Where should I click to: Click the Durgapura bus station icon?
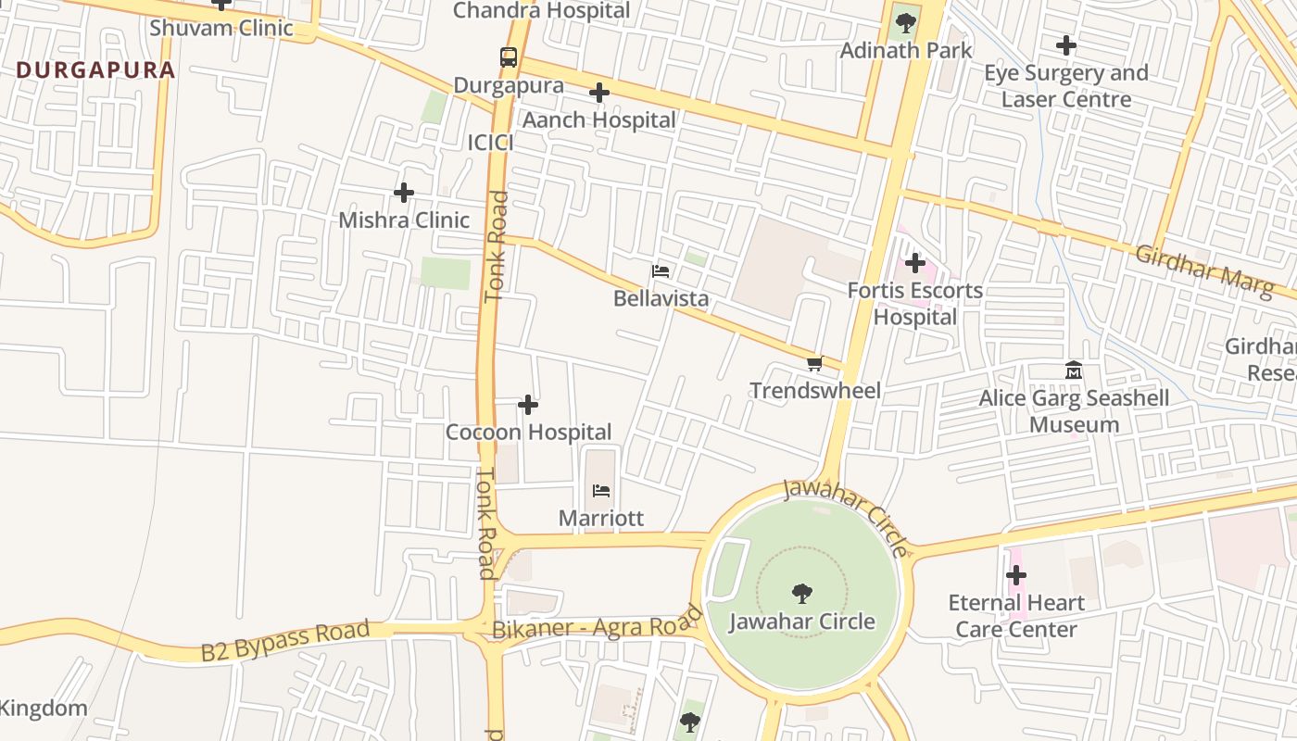click(508, 57)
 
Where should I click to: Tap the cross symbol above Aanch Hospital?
click(599, 93)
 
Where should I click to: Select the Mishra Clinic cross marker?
click(404, 193)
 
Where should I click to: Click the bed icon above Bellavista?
click(661, 271)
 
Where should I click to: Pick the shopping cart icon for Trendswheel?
click(814, 363)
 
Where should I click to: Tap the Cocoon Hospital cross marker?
click(528, 405)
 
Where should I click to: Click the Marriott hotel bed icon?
click(600, 491)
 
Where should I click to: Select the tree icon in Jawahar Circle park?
click(802, 594)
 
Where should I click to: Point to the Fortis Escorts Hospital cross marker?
click(915, 263)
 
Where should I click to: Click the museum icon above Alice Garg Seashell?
click(1074, 370)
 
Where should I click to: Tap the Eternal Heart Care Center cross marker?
click(1016, 575)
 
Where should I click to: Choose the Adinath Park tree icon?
click(905, 23)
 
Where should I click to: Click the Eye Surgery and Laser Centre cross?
click(1066, 44)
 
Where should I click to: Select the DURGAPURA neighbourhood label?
click(95, 70)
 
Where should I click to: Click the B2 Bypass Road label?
click(285, 641)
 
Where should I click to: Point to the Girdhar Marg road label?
click(1204, 271)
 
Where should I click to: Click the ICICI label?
click(490, 143)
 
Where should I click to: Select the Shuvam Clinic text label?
click(221, 28)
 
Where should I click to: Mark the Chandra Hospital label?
click(542, 11)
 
